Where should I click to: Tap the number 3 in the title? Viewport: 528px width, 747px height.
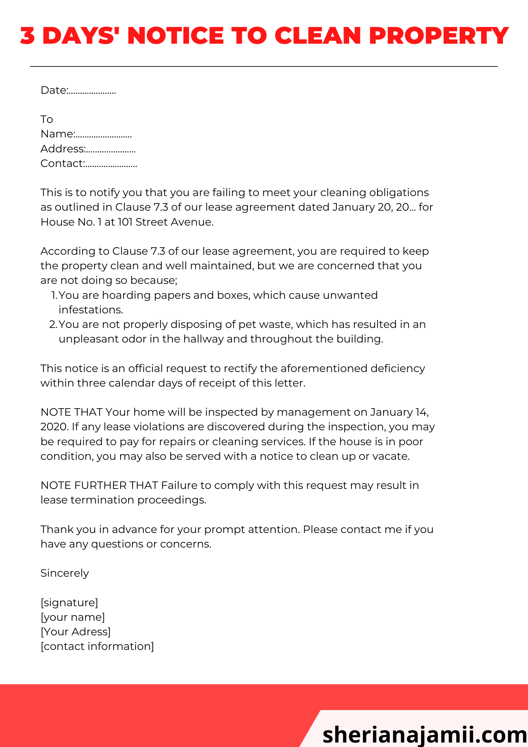27,36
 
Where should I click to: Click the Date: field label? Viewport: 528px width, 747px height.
54,90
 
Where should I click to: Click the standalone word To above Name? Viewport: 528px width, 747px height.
47,120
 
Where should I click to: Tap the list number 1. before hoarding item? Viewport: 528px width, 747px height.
54,295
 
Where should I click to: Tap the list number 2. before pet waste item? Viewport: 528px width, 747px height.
53,325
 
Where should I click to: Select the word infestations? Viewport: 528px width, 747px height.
91,310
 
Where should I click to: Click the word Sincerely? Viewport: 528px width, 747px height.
65,573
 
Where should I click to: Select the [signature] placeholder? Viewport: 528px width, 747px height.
69,603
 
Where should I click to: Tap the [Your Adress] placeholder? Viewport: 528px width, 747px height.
75,632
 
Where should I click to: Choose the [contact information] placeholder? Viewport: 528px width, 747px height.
97,647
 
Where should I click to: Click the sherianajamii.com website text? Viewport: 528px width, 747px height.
425,734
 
